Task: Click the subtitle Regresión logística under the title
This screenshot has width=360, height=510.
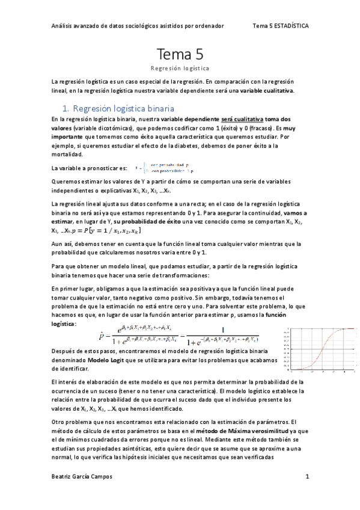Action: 180,69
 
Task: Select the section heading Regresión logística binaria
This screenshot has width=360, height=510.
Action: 123,109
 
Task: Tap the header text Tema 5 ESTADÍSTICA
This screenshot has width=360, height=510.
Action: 281,26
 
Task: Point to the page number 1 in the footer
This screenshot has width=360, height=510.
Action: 307,477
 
